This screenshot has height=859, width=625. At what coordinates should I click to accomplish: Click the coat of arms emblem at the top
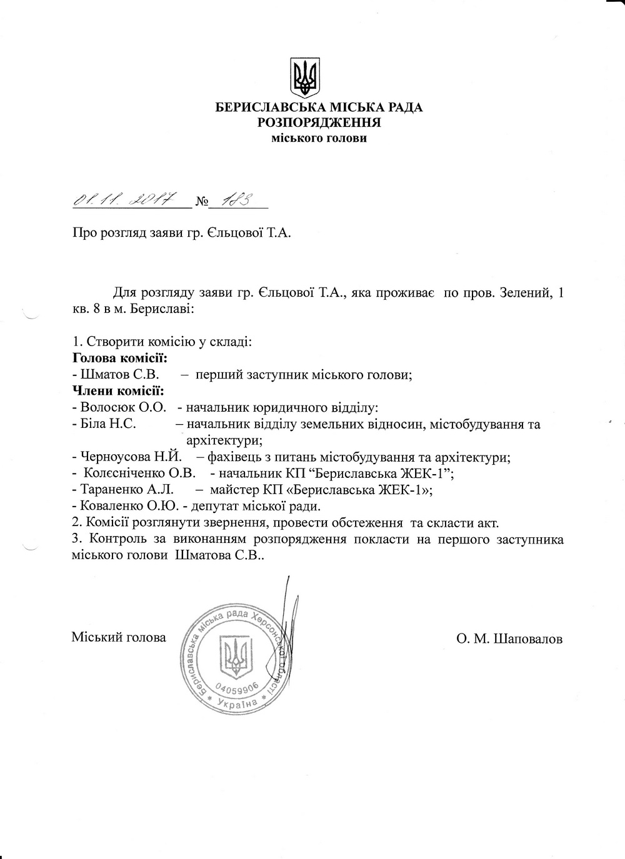point(305,77)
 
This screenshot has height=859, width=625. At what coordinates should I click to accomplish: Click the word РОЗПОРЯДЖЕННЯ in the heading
point(319,122)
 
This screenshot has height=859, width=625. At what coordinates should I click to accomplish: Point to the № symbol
point(201,202)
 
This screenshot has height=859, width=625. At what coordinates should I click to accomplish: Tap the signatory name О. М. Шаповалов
point(509,639)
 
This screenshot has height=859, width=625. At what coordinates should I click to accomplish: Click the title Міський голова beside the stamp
point(119,637)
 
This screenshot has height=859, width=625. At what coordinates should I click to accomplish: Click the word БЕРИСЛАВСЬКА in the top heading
point(266,107)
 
